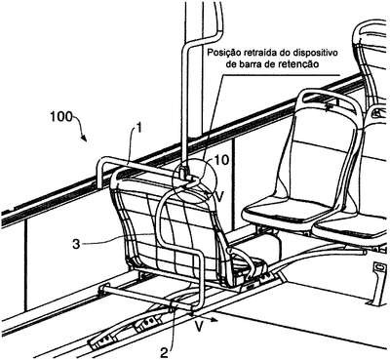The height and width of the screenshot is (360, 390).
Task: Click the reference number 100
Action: (x=61, y=116)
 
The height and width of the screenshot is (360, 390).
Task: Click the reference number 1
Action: (x=138, y=129)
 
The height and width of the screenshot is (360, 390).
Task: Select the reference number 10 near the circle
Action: (x=221, y=160)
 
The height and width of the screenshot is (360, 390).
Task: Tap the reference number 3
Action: (x=76, y=244)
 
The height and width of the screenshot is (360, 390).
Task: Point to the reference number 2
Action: (x=166, y=352)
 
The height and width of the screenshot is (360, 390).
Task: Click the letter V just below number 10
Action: (x=219, y=197)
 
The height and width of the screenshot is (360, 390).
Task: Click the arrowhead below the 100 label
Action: (x=85, y=139)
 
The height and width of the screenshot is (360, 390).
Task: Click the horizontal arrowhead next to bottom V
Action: (x=214, y=320)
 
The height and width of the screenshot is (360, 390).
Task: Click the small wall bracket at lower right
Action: (x=377, y=283)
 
